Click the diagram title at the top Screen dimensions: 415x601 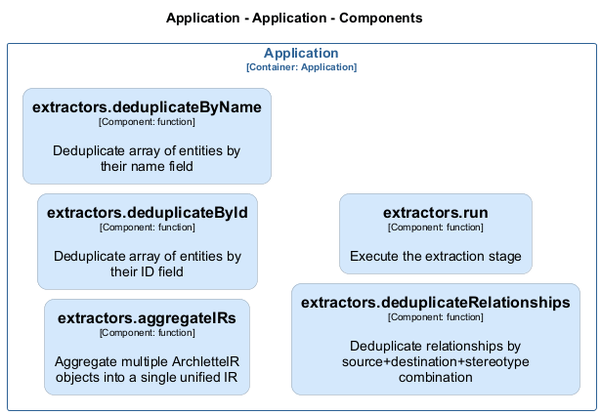tap(294, 19)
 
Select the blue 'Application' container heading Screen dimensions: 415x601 tap(301, 54)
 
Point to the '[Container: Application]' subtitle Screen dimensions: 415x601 tap(301, 67)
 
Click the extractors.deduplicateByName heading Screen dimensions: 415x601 tap(147, 107)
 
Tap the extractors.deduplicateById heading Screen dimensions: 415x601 tap(148, 212)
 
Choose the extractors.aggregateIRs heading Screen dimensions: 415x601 tap(148, 318)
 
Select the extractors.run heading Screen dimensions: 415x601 tap(435, 212)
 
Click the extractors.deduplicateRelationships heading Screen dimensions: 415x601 tap(435, 303)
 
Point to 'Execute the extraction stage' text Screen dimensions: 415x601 tap(435, 257)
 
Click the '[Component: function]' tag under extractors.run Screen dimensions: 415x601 tap(435, 228)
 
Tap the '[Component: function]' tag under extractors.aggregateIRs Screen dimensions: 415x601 tap(148, 333)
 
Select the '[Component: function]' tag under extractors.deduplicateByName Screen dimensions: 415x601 tap(147, 122)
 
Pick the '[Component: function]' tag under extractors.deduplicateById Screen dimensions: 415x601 tap(148, 228)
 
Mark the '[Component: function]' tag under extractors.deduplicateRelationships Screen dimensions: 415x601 tap(435, 317)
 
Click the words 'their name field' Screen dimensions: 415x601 tap(147, 167)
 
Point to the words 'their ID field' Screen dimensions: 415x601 tap(148, 272)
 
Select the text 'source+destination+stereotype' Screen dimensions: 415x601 tap(435, 361)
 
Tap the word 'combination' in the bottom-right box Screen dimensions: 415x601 tap(435, 377)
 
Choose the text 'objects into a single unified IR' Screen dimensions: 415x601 tap(148, 377)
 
